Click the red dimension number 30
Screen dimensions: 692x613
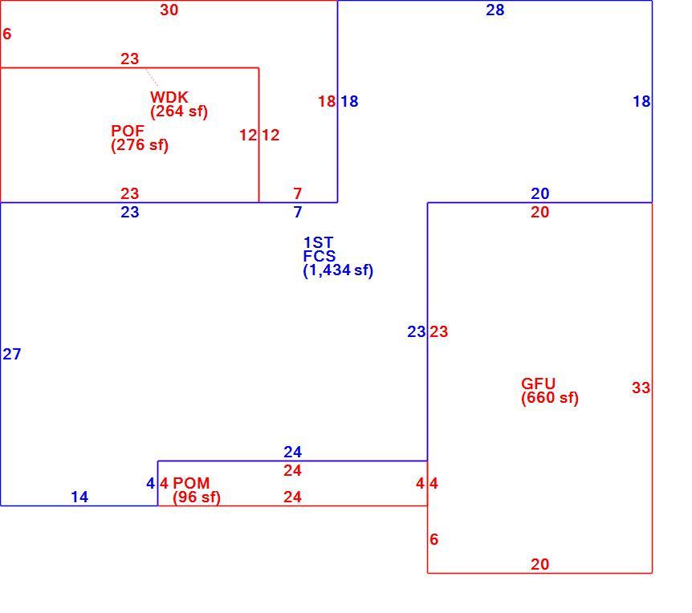click(169, 10)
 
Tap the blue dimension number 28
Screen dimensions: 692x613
click(495, 10)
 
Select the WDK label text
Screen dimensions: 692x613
click(169, 97)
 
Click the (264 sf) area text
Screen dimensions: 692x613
click(179, 112)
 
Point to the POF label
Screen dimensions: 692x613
click(128, 131)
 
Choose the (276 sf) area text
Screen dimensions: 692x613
click(140, 145)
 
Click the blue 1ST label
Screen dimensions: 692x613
click(318, 242)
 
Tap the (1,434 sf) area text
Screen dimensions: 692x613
click(338, 270)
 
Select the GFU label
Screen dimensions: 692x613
click(538, 384)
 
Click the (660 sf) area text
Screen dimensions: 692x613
click(550, 397)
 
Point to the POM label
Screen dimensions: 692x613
click(191, 483)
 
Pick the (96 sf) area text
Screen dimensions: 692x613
click(197, 497)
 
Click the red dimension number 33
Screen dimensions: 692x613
click(641, 388)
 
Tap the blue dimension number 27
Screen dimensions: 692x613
click(12, 354)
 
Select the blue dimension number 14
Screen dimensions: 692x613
click(79, 497)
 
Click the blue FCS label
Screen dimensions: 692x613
click(319, 256)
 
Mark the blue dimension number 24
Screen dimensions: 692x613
click(292, 452)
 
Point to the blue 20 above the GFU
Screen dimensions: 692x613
click(540, 193)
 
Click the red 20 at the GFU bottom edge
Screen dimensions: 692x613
click(540, 564)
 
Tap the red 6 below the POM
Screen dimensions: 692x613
click(434, 539)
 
